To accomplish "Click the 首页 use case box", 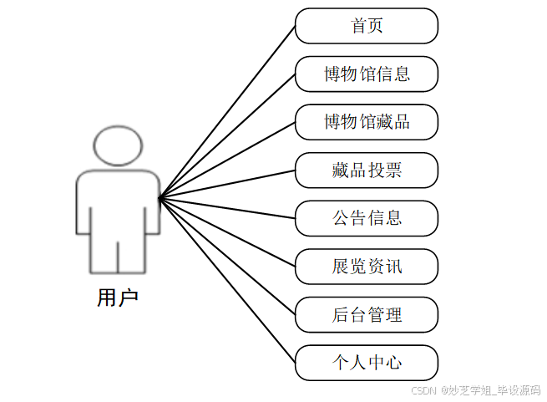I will [x=367, y=26].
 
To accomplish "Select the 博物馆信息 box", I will [x=367, y=74].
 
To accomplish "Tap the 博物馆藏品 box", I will [x=367, y=122].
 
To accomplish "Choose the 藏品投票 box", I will [x=367, y=170].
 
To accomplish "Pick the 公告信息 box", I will [x=367, y=218].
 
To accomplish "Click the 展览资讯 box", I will [x=367, y=267].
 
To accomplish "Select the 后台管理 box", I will [x=367, y=315].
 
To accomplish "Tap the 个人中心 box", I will [x=367, y=363].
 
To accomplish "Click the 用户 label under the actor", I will [x=118, y=297].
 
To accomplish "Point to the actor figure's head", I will [x=118, y=145].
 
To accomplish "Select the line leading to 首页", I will [x=227, y=112].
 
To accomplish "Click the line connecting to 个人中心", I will [x=227, y=280].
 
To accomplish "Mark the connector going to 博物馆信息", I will [x=227, y=136].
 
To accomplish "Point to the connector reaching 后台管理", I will [x=227, y=256].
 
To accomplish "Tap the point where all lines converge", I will [x=160, y=197].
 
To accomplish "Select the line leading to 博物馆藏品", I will [x=227, y=160].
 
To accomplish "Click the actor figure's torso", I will [x=118, y=201].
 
